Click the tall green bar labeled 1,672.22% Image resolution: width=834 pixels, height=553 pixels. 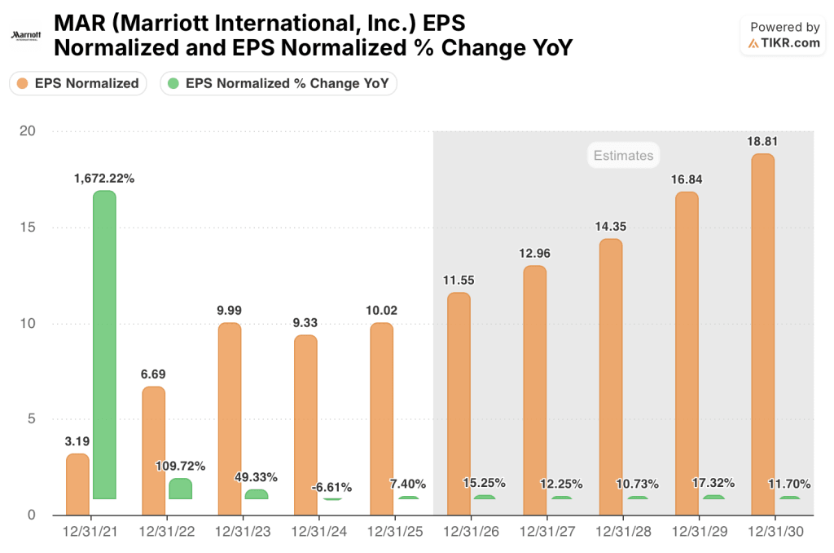point(104,344)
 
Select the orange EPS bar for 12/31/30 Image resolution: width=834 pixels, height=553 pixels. point(762,334)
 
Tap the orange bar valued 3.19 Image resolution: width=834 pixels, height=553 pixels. point(77,484)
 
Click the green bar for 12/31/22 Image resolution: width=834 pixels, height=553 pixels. point(180,489)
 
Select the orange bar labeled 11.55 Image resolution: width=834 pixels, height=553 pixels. point(459,404)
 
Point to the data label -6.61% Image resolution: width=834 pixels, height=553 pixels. point(331,487)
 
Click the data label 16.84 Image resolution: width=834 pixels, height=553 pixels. point(687,178)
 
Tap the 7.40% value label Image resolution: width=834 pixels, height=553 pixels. point(407,484)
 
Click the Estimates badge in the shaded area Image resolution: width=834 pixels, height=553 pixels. point(623,155)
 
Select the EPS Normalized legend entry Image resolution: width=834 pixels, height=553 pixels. point(78,83)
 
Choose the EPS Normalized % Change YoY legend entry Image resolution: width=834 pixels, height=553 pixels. point(279,83)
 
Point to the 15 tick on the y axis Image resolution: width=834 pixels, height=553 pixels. point(29,228)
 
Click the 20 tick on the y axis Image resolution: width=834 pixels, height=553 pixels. point(29,131)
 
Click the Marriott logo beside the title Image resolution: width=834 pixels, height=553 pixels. point(26,36)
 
